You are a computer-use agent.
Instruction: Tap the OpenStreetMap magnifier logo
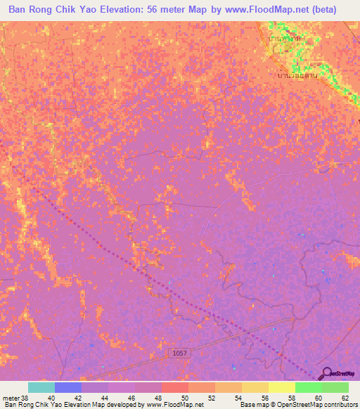pos(327,372)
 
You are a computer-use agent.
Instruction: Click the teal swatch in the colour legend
pos(41,387)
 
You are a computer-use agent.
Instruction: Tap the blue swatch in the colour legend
pos(68,387)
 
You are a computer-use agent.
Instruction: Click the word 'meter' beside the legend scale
pos(8,398)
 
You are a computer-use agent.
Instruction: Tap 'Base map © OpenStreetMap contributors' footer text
pos(297,405)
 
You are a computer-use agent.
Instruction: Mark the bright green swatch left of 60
pos(308,387)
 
